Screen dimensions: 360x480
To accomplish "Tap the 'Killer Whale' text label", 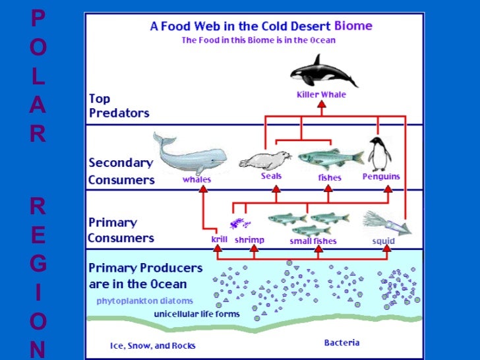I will pos(321,95).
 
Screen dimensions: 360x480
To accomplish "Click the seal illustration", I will pos(265,159).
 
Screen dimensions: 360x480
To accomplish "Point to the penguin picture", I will pos(378,154).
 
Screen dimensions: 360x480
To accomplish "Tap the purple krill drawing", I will pos(235,223).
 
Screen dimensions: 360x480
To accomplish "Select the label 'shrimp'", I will pos(249,240).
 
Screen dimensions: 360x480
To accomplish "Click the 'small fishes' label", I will pos(313,241).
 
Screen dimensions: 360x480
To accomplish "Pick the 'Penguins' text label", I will pos(381,177).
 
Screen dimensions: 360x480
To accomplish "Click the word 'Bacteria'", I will pos(342,342).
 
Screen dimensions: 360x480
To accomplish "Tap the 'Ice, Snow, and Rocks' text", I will pos(152,345).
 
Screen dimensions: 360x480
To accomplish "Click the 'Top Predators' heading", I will pos(119,105).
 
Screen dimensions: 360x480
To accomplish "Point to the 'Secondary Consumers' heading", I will pos(121,171).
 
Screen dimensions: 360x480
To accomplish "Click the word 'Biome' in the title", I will pos(353,26).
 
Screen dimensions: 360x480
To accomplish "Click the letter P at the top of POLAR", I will pos(38,18).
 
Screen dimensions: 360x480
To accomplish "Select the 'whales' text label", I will pos(197,179).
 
